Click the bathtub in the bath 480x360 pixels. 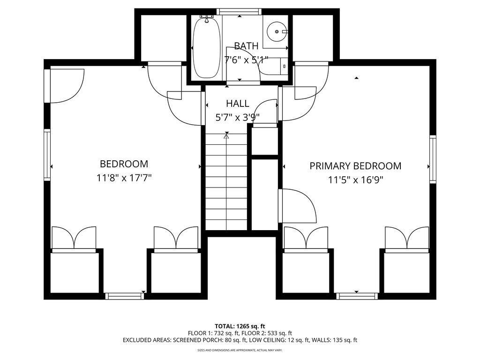click(206, 47)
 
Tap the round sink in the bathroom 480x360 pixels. click(277, 31)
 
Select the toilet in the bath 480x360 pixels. click(274, 66)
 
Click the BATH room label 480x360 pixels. click(246, 46)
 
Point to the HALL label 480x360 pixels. click(238, 104)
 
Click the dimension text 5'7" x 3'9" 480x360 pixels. click(238, 118)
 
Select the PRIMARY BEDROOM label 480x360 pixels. click(355, 166)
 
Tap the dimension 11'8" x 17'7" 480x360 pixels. click(124, 178)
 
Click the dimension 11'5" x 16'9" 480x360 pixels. click(355, 180)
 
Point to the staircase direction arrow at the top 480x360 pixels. click(226, 136)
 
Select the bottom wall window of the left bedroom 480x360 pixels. click(124, 296)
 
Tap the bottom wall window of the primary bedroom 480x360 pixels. click(357, 296)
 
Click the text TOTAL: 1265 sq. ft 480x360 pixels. click(240, 326)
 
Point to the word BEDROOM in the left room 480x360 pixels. click(124, 164)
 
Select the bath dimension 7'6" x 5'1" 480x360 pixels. click(246, 60)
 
